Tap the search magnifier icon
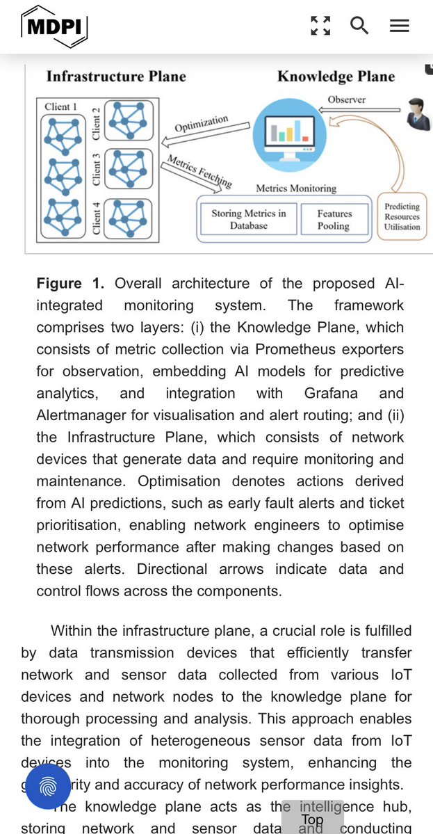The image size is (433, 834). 359,26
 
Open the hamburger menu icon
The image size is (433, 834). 399,26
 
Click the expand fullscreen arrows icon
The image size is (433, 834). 320,26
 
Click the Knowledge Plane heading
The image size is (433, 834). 336,77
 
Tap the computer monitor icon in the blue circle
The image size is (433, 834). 284,131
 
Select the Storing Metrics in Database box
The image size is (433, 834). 248,220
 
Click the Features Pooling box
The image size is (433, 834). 334,220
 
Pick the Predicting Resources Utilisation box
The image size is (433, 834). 402,217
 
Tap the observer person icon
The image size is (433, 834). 416,115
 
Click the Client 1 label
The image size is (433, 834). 60,106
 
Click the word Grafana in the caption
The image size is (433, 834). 330,393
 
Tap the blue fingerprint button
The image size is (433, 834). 48,787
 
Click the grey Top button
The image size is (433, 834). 312,820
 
